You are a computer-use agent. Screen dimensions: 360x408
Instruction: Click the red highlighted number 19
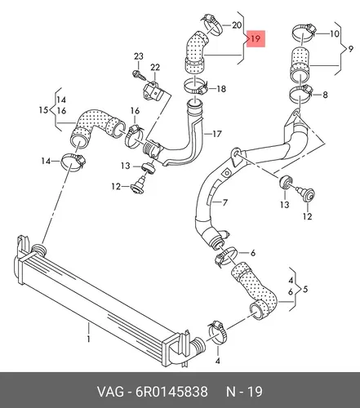point(256,39)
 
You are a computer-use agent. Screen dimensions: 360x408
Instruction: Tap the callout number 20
point(237,25)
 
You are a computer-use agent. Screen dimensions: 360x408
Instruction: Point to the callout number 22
point(155,67)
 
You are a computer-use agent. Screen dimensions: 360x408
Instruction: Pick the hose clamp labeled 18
point(196,86)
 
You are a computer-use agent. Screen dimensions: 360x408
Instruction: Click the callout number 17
point(217,134)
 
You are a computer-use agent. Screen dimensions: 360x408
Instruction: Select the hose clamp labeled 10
point(304,32)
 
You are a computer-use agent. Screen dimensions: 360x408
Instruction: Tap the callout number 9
point(351,49)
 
